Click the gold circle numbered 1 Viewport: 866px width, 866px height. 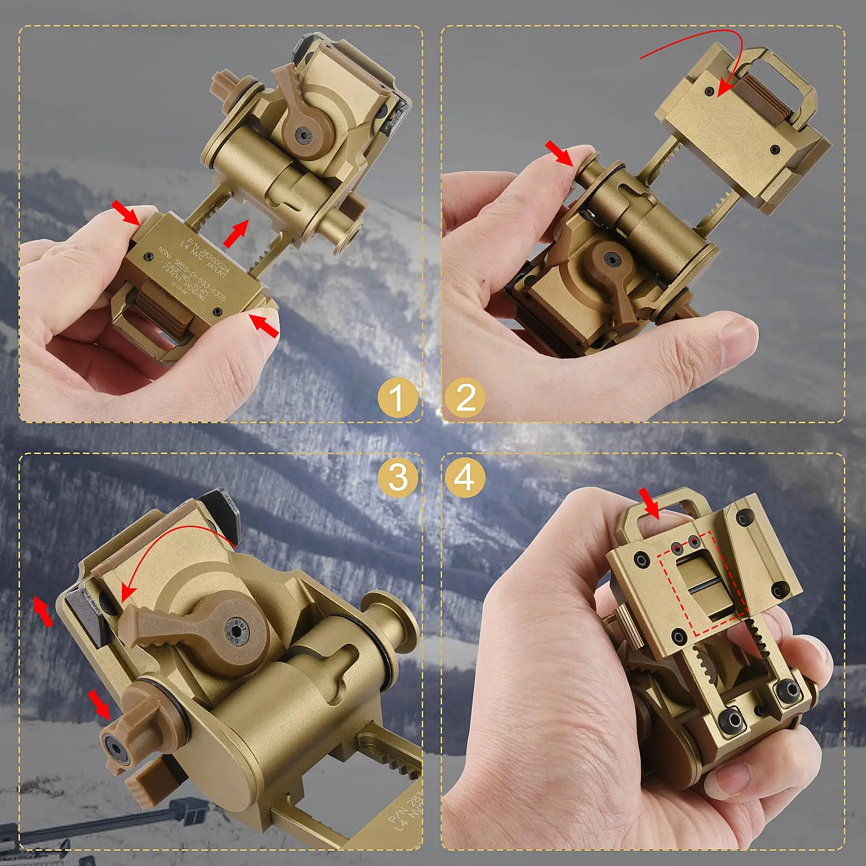[397, 398]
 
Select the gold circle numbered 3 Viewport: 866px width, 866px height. [398, 477]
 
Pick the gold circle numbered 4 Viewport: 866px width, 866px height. [464, 477]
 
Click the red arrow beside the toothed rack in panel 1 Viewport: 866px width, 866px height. [236, 233]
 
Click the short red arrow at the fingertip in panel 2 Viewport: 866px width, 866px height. [559, 153]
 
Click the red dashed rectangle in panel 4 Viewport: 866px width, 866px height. [703, 585]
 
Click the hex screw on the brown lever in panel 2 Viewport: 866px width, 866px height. [612, 260]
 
